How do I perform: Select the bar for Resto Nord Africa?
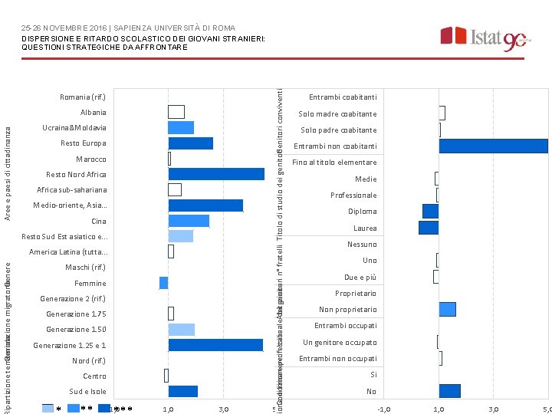216,174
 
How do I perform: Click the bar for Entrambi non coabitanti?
493,146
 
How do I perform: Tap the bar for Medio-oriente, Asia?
205,205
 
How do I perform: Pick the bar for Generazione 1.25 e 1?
215,345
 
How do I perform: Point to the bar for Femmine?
163,283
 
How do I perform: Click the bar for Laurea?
429,228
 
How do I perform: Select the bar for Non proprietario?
447,309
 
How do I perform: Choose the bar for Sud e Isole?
182,392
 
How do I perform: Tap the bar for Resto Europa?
190,143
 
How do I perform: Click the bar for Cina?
189,221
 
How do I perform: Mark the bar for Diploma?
430,211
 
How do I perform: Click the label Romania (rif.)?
83,97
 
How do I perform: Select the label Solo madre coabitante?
338,114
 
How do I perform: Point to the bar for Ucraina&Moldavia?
181,127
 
